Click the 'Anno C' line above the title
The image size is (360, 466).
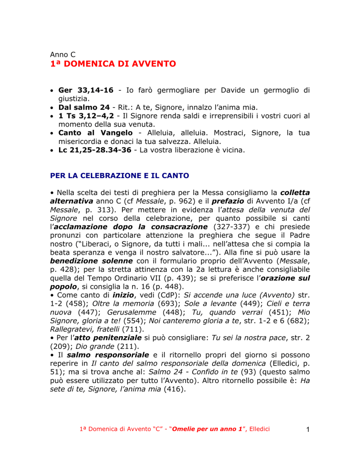64,53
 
